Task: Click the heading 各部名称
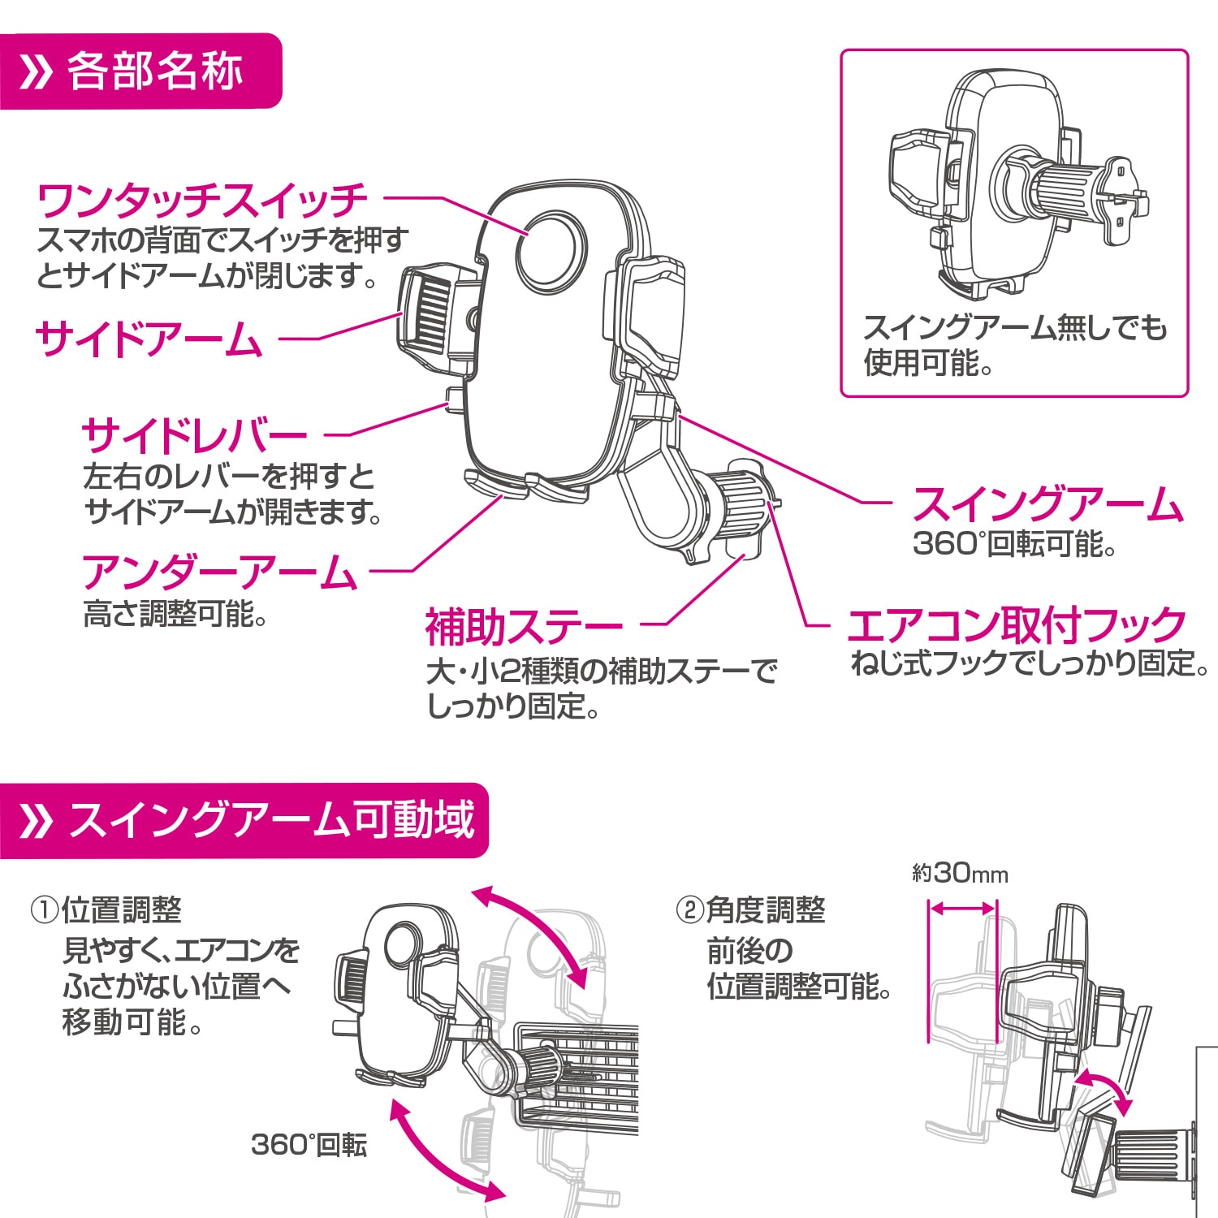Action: (154, 71)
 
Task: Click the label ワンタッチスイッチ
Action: (202, 201)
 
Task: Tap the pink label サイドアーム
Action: (149, 339)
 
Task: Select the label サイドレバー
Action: (195, 436)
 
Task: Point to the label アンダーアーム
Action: (219, 572)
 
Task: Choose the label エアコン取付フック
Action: (1016, 624)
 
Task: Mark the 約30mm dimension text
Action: (960, 874)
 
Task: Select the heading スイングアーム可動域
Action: (271, 819)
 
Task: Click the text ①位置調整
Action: (106, 909)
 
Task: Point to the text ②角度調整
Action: (750, 909)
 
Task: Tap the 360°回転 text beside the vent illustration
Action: (309, 1145)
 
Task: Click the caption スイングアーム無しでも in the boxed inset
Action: (1014, 327)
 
